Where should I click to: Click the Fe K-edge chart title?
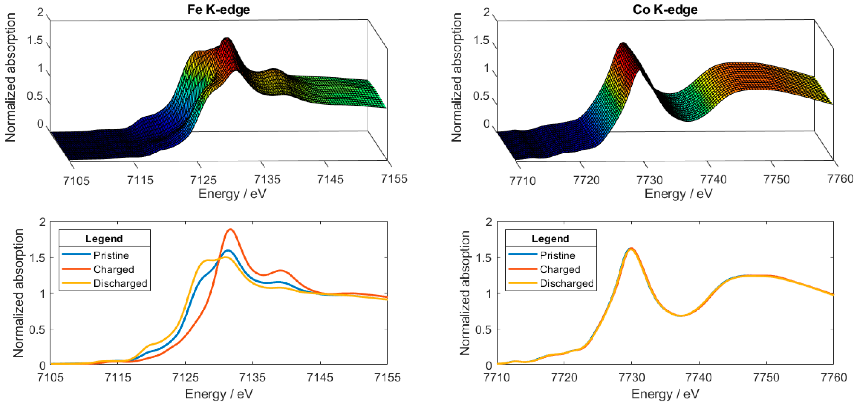(218, 10)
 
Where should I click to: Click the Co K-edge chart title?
(665, 10)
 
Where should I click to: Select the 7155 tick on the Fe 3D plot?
(394, 179)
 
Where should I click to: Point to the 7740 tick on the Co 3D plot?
(713, 180)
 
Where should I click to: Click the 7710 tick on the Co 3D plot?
(522, 181)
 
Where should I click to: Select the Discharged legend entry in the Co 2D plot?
(567, 283)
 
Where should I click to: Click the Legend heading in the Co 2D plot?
(550, 239)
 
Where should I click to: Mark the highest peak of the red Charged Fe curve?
(230, 230)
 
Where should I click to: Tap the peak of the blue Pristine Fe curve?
(228, 250)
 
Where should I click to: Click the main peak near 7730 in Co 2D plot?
(631, 249)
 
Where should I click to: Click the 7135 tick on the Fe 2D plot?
(253, 377)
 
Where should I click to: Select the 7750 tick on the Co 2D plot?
(766, 377)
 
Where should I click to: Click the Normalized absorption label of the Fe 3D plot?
(11, 77)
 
